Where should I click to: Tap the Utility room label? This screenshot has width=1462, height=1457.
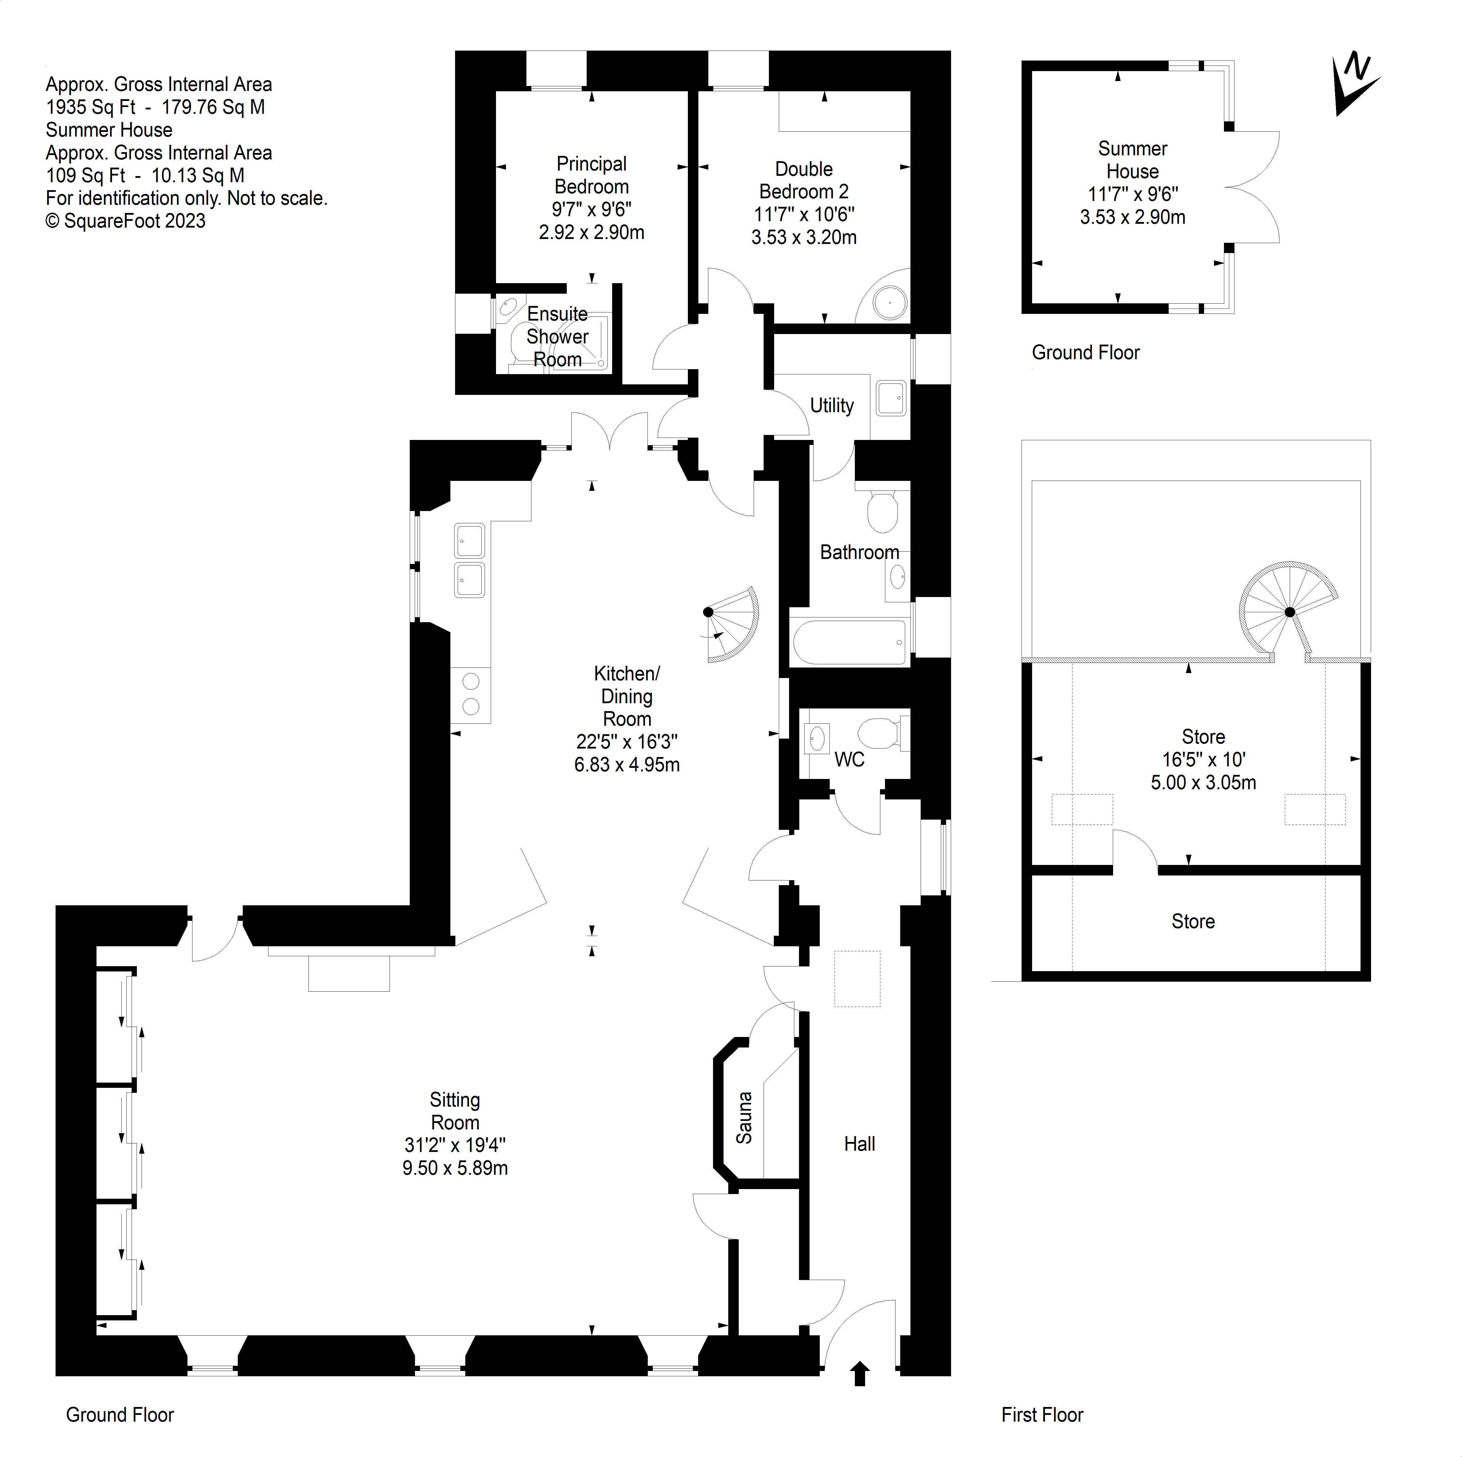(x=832, y=406)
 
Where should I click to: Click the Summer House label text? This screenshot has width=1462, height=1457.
(x=1132, y=160)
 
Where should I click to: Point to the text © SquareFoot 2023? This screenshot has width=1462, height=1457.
(x=126, y=221)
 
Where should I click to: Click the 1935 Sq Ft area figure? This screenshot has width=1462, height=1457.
(x=91, y=107)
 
